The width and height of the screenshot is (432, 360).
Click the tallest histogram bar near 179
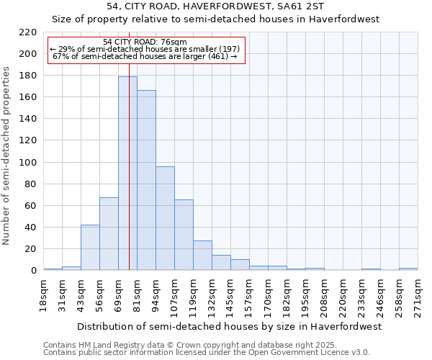[127, 174]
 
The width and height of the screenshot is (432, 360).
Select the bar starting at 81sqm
[146, 180]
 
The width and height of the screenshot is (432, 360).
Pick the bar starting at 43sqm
[90, 248]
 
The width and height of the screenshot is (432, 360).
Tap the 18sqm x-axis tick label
[43, 294]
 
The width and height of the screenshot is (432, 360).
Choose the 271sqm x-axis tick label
[418, 294]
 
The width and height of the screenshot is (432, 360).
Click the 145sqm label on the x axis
[230, 294]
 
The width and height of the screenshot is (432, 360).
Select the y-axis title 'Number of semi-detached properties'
[7, 156]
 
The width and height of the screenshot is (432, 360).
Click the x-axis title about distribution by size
[229, 326]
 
